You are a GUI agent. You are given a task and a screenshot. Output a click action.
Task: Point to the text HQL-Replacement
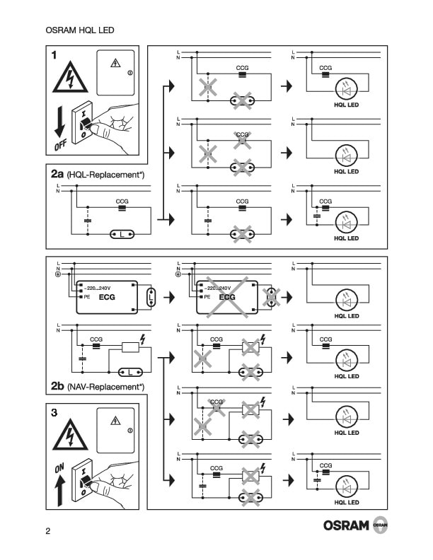pyautogui.click(x=105, y=175)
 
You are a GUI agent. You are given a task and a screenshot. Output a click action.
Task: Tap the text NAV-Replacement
pyautogui.click(x=105, y=387)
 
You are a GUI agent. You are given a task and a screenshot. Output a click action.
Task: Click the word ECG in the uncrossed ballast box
pyautogui.click(x=108, y=298)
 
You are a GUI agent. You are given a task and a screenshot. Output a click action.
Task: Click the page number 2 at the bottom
pyautogui.click(x=47, y=531)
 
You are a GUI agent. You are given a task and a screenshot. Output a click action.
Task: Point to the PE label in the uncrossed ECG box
pyautogui.click(x=86, y=298)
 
